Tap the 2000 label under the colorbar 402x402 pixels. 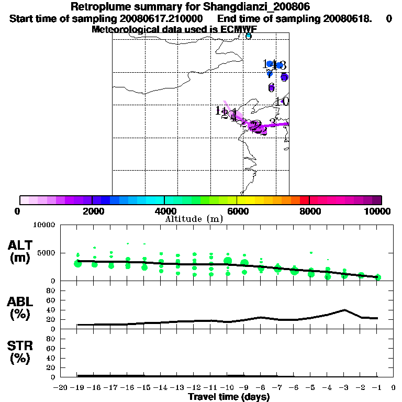[92, 211]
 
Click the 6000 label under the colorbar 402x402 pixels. [237, 211]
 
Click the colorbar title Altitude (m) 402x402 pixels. [194, 219]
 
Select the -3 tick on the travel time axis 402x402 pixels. [344, 388]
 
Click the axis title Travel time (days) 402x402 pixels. [229, 397]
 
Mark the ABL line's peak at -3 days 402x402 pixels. [344, 310]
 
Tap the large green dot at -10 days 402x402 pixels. [228, 261]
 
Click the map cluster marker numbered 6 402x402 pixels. [271, 87]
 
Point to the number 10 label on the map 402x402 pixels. [283, 102]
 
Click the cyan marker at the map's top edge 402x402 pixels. [249, 36]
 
